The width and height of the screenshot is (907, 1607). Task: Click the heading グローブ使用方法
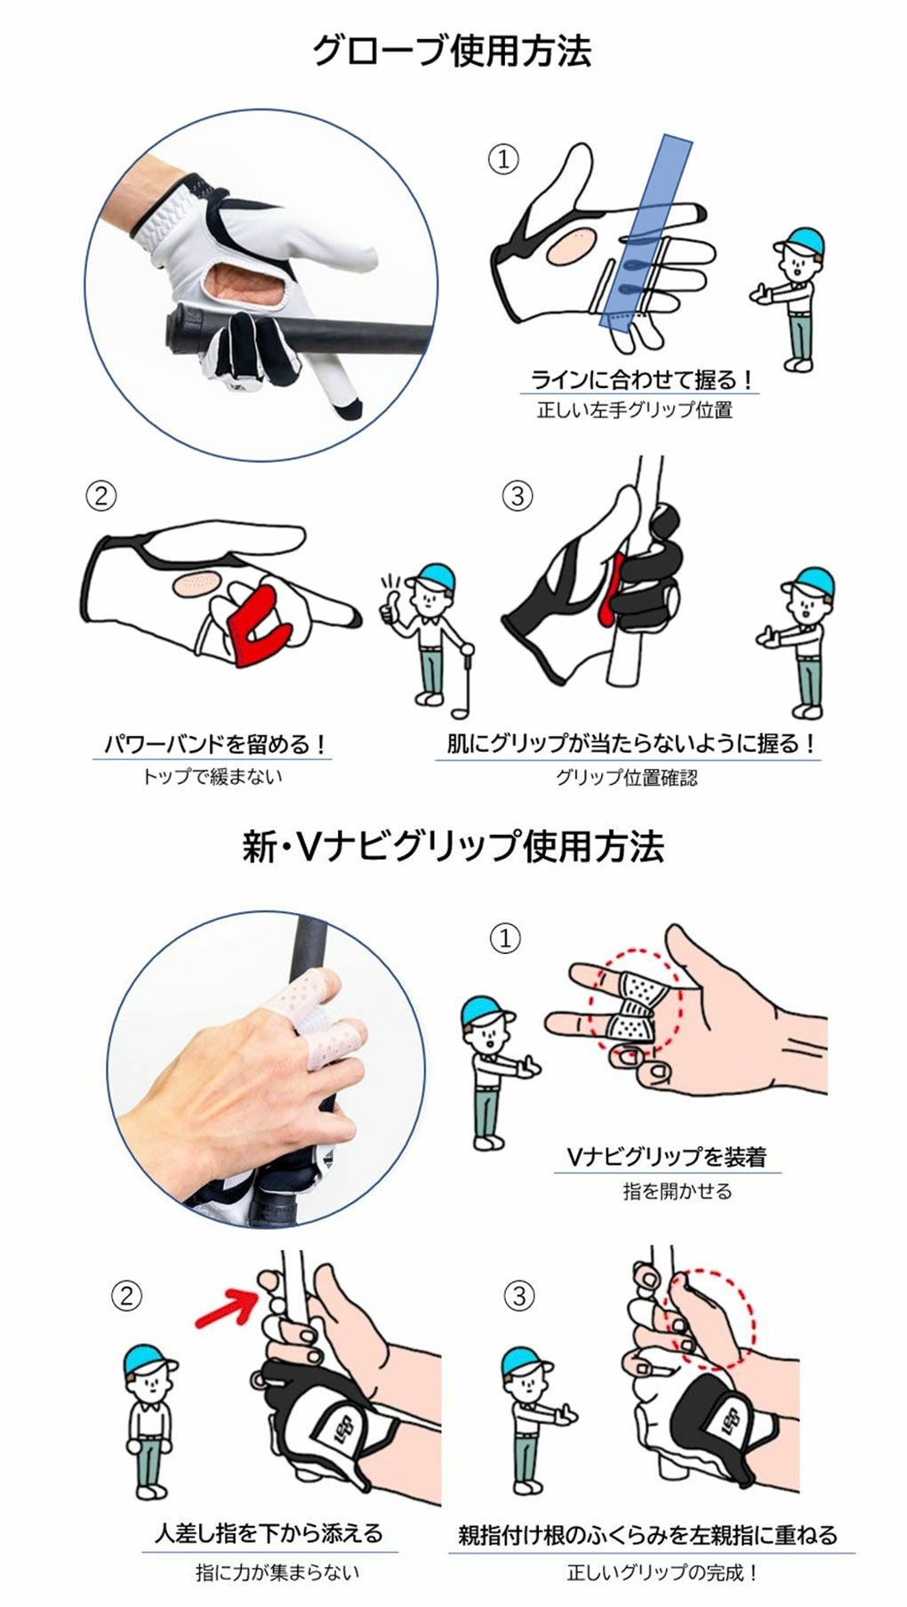tap(451, 51)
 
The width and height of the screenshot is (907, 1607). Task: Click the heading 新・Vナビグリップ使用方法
tap(453, 846)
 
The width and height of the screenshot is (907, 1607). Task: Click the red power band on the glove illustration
tap(259, 626)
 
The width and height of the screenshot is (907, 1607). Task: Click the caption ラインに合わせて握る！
tap(641, 380)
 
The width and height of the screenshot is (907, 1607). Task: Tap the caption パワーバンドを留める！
tap(213, 744)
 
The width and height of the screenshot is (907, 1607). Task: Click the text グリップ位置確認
tap(626, 777)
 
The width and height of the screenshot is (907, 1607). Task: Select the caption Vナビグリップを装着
tap(666, 1157)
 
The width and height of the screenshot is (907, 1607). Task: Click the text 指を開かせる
tap(677, 1191)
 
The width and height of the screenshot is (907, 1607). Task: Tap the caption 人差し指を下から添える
tap(269, 1533)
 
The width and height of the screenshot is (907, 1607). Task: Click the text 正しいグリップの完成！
tap(662, 1572)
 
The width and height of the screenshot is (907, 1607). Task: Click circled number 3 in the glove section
tap(518, 496)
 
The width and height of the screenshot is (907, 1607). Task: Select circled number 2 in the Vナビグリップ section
tap(126, 1296)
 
